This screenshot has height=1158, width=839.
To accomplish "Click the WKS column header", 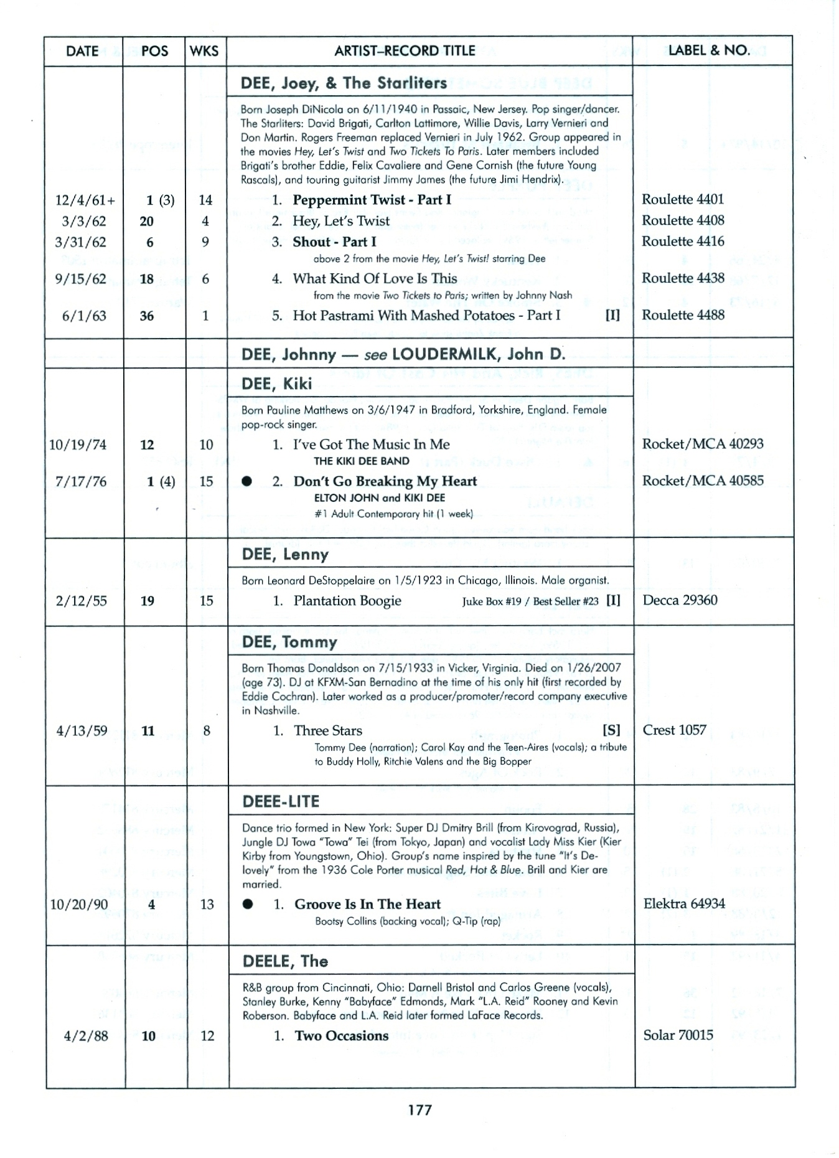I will pos(204,51).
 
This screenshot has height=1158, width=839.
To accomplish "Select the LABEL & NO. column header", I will pos(708,50).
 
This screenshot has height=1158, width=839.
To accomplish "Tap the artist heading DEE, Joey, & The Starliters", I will pos(344,83).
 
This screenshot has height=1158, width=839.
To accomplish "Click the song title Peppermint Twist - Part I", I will pos(372,200).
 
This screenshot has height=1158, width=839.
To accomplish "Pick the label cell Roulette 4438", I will pos(683,278).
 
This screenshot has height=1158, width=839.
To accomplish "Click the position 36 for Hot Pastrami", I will pos(147,316).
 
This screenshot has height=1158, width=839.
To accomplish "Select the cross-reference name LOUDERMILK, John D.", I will pos(479,354).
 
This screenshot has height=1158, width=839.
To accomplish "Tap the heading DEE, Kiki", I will pos(276,384).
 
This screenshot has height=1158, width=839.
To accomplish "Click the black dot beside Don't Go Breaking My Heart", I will pos(247,481).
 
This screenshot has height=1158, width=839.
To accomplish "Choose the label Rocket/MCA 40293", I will pos(703,444).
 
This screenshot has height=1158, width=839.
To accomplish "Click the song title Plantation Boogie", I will pos(347,601).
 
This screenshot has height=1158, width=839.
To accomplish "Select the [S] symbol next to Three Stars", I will pos(611,730).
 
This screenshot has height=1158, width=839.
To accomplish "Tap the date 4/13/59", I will pos(82,731).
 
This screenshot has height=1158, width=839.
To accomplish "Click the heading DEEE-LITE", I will pos(281,801).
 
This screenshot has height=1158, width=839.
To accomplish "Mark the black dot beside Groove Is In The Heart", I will pos(248,905).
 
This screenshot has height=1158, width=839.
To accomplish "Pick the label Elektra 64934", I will pos(684,903).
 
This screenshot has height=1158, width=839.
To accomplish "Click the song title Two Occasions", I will pos(341,1036).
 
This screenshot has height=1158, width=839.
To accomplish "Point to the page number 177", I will pos(419,1110).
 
